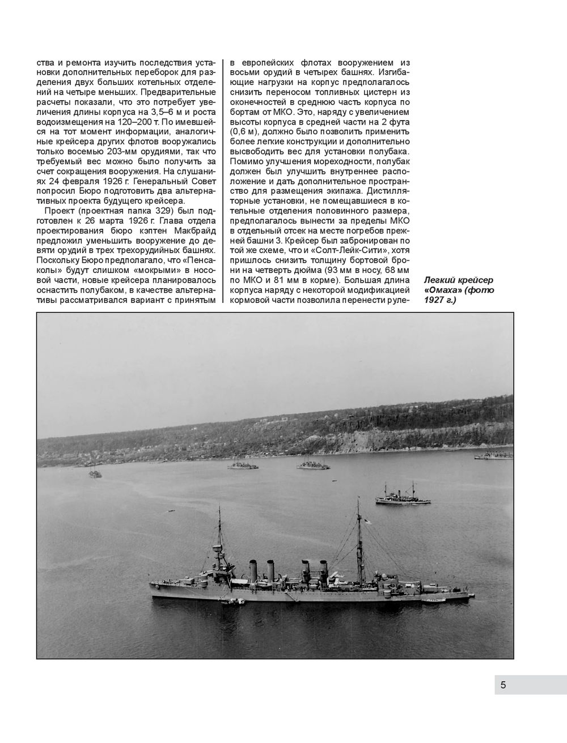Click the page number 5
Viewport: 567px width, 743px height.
coord(503,685)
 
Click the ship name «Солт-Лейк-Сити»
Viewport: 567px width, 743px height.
coord(347,240)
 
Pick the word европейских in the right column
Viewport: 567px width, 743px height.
coord(273,62)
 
